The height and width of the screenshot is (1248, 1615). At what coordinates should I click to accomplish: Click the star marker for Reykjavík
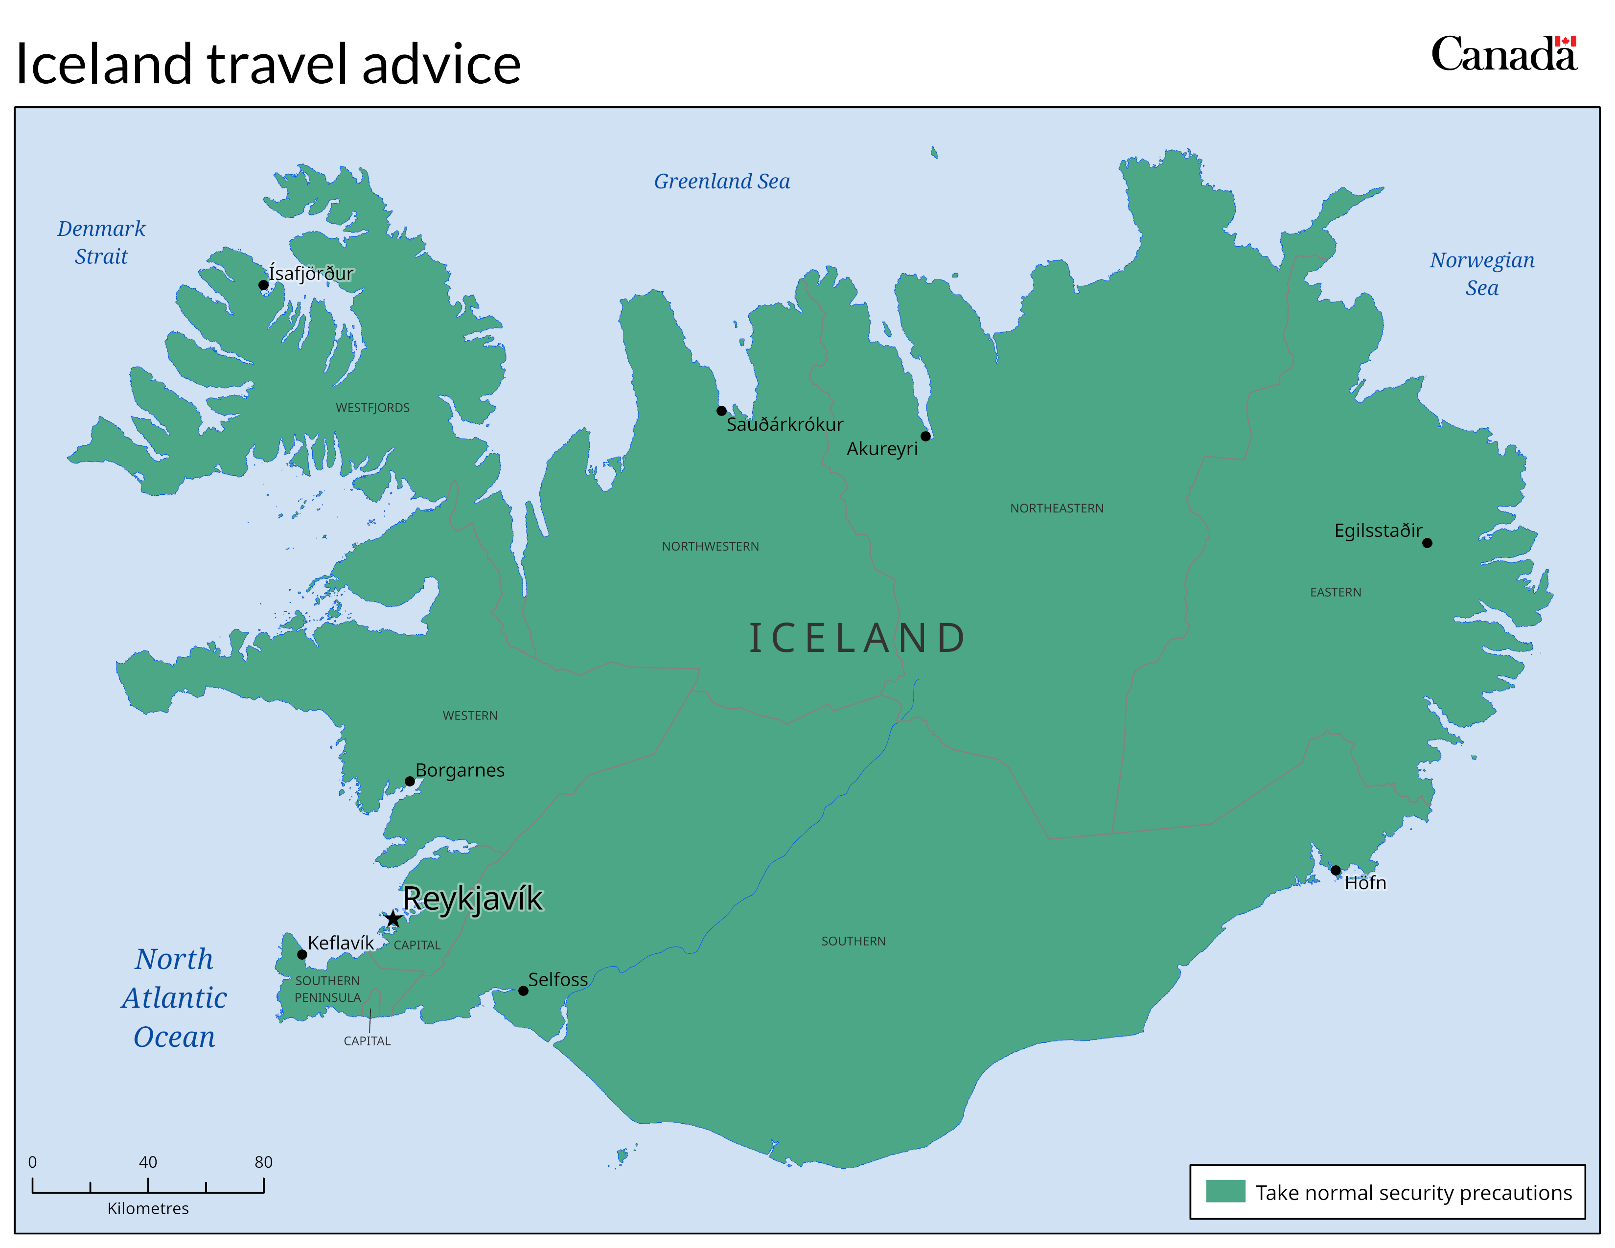pos(392,919)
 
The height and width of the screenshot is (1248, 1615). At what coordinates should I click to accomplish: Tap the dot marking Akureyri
pos(925,436)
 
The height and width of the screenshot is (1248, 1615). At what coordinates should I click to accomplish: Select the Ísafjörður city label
pos(311,274)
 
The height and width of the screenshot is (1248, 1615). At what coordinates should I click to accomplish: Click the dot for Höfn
pos(1336,870)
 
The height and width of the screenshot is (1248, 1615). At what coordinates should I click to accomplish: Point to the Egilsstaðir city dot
pos(1427,543)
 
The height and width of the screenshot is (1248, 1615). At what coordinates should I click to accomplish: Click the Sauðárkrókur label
pos(784,424)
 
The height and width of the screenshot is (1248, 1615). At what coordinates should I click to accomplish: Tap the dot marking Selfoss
pos(523,991)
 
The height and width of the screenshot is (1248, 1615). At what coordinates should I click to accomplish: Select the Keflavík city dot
pos(301,954)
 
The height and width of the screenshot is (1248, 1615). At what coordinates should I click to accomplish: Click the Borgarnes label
pos(460,770)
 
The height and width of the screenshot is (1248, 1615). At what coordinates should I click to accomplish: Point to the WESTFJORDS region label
pos(373,408)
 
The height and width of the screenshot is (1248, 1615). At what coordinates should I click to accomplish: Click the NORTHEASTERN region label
pos(1057,508)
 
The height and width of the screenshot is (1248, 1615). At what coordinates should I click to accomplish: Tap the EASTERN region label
pos(1336,592)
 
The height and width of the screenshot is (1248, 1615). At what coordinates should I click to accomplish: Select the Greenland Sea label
pos(722,181)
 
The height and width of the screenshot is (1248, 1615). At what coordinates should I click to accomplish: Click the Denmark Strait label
pos(101,242)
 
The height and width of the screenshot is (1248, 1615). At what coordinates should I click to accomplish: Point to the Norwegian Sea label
pos(1482,274)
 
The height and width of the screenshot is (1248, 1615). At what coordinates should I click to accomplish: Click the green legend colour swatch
pos(1225,1191)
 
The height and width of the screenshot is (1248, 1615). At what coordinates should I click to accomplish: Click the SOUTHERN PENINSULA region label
pos(327,989)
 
